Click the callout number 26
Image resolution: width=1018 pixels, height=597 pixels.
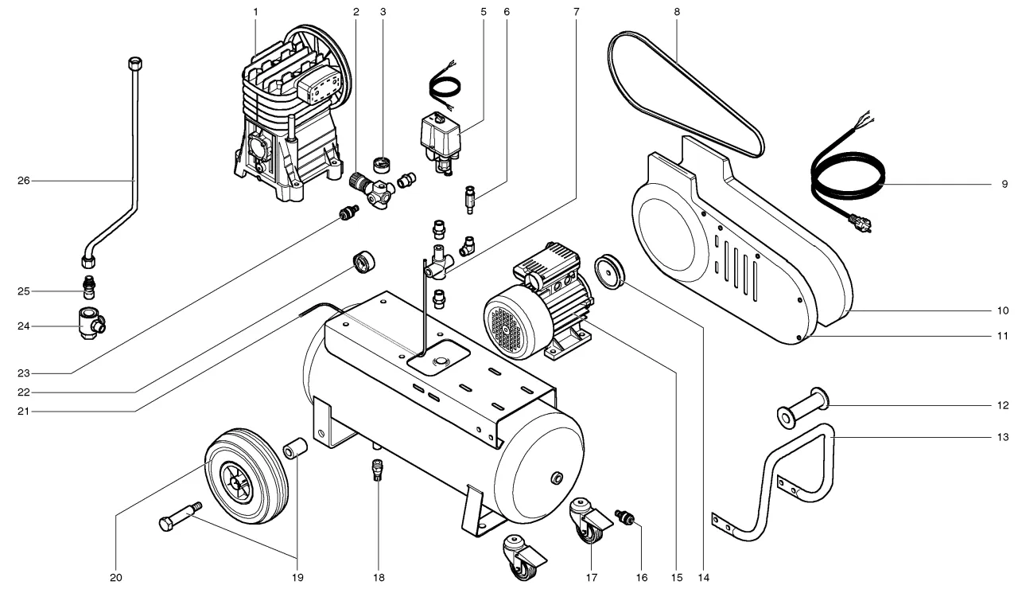pyautogui.click(x=23, y=181)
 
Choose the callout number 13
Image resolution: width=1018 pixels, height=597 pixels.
pyautogui.click(x=1002, y=437)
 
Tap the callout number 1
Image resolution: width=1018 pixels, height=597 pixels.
pyautogui.click(x=256, y=12)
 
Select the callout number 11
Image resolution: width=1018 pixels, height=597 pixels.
pyautogui.click(x=1002, y=336)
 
